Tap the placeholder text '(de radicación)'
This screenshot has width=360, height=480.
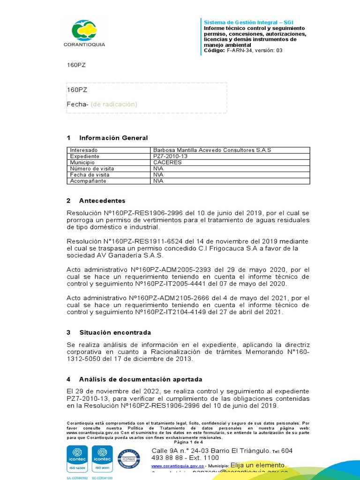click(x=114, y=104)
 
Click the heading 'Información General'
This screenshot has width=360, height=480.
click(x=113, y=138)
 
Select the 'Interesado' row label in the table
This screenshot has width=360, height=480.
click(x=84, y=150)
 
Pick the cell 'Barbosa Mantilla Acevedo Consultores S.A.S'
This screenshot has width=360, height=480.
click(x=212, y=150)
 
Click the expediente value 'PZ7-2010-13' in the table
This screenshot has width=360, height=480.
click(x=170, y=156)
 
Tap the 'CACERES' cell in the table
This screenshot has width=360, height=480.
click(x=167, y=162)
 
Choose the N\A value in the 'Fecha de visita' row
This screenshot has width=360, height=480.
click(x=158, y=174)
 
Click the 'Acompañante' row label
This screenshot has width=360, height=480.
click(x=88, y=180)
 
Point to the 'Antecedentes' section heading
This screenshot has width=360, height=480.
click(x=102, y=201)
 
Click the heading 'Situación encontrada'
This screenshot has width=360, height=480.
click(x=115, y=332)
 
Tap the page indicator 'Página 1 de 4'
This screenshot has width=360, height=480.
click(x=188, y=442)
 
